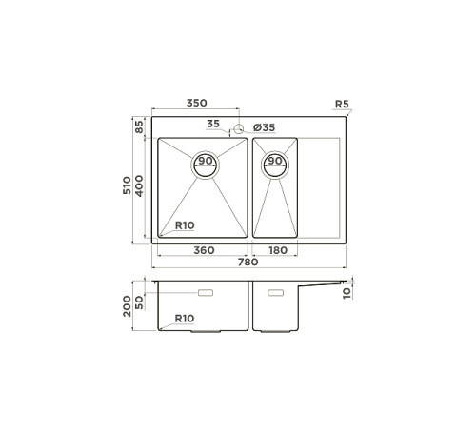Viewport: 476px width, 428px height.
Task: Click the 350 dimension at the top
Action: tap(197, 103)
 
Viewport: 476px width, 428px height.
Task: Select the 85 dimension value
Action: tap(139, 126)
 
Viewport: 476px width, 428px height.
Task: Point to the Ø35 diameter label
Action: tap(264, 127)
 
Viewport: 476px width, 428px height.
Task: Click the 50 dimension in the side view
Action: tap(140, 301)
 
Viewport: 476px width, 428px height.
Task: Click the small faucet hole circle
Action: tap(240, 126)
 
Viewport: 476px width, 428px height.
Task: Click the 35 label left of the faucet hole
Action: tap(212, 124)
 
